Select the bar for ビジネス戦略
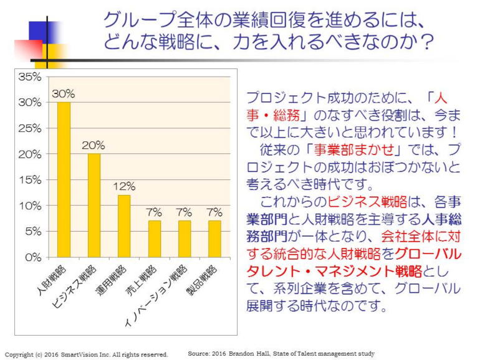[94, 205]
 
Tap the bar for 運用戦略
[124, 225]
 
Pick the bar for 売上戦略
[154, 239]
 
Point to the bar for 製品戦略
[214, 239]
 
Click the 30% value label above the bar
[64, 94]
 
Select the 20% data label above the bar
[94, 145]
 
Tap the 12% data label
[124, 186]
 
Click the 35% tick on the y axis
[31, 77]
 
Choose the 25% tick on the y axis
[31, 128]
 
